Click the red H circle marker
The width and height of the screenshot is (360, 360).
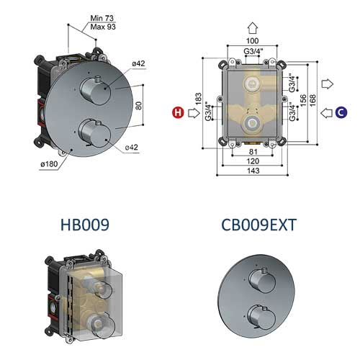tap(176, 112)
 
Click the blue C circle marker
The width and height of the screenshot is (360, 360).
tap(341, 112)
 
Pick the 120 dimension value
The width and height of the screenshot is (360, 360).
tap(251, 162)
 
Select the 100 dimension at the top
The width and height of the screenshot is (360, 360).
tap(252, 42)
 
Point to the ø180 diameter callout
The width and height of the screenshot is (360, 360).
tap(48, 165)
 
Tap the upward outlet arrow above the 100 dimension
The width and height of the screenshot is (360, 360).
tap(252, 28)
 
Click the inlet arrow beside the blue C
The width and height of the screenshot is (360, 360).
tap(325, 112)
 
